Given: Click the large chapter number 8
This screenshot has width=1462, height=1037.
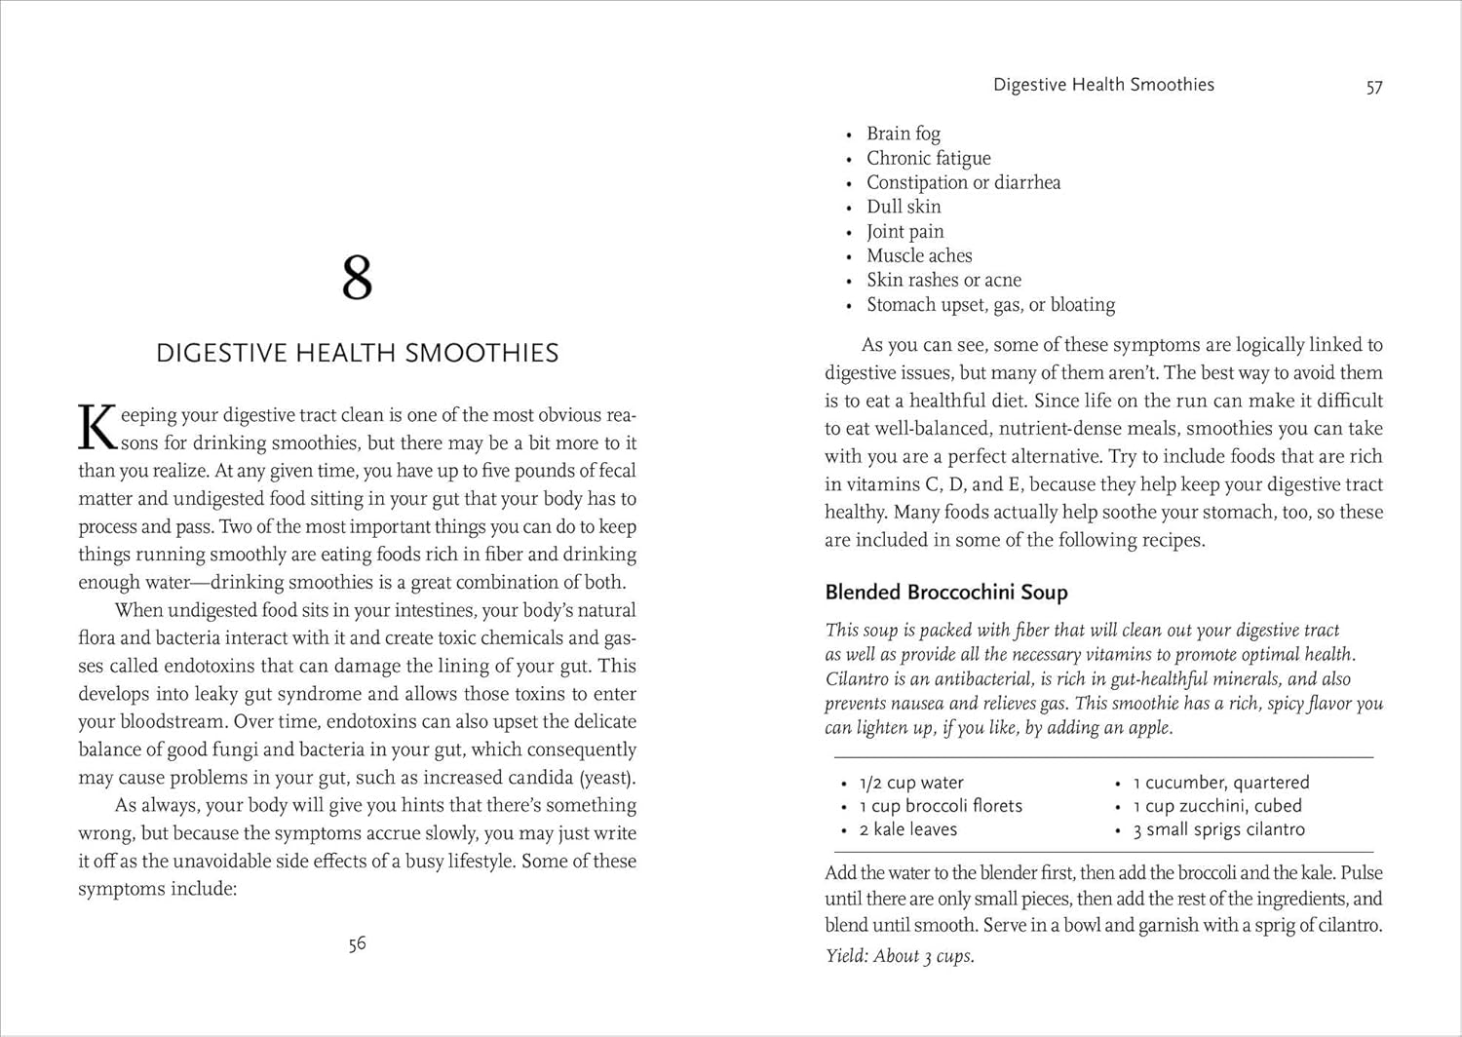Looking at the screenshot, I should [357, 278].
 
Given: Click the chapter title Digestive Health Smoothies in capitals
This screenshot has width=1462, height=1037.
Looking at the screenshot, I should [357, 353].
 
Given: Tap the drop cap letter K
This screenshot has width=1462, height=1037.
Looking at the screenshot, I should [97, 429].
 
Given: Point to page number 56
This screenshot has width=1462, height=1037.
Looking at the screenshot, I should [357, 943].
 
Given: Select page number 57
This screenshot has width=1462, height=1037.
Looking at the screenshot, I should [1374, 87].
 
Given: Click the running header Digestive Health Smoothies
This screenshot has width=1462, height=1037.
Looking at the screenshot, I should [1103, 85].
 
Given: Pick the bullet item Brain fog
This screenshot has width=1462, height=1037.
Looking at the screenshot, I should [904, 134].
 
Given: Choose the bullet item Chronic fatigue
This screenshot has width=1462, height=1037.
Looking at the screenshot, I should [928, 158].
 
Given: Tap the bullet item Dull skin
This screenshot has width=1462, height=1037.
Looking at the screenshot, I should [904, 207].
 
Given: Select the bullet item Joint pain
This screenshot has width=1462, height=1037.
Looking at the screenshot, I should [904, 231].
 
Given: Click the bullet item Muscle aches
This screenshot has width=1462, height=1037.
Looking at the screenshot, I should [919, 255].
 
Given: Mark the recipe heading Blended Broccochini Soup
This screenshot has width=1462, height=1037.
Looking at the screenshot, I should [946, 592].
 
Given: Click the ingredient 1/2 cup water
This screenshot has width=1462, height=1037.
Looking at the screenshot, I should [911, 783].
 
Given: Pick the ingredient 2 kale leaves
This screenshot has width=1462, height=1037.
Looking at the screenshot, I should [908, 829].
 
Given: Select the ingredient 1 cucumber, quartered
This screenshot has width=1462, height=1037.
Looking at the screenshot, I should [1220, 783].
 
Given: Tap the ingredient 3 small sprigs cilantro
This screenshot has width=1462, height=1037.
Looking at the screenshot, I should [1218, 829].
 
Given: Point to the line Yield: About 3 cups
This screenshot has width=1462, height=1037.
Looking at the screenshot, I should [900, 956].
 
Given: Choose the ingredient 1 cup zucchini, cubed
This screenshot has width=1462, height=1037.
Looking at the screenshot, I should [1216, 806].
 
